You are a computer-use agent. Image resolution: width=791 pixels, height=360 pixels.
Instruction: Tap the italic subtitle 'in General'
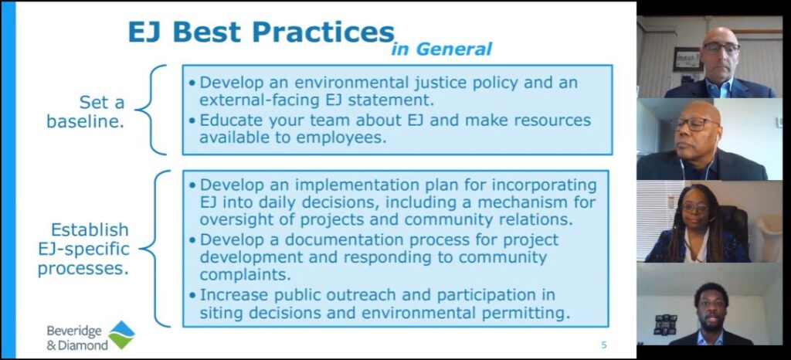tap(441, 49)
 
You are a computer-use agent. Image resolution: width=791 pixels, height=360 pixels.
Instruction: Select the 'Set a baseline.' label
tap(86, 112)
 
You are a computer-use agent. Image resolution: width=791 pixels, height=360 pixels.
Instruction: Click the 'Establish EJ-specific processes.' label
tap(83, 250)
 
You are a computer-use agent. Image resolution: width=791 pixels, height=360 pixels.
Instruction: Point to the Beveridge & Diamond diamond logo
tap(121, 335)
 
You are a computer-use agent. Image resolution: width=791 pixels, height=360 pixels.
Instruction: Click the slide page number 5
tap(604, 345)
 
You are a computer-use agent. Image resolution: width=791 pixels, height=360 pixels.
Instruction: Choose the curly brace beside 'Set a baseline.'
tap(151, 110)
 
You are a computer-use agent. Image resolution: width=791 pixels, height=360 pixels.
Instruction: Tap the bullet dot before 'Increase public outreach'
tap(192, 294)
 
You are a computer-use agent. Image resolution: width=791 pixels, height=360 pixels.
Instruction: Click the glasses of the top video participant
tap(721, 48)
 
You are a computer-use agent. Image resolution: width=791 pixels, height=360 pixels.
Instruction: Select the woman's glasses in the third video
tap(695, 207)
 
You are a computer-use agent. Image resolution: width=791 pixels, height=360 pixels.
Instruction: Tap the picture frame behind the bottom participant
tap(665, 324)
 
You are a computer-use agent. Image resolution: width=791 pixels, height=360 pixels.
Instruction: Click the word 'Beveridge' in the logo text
tap(74, 331)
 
